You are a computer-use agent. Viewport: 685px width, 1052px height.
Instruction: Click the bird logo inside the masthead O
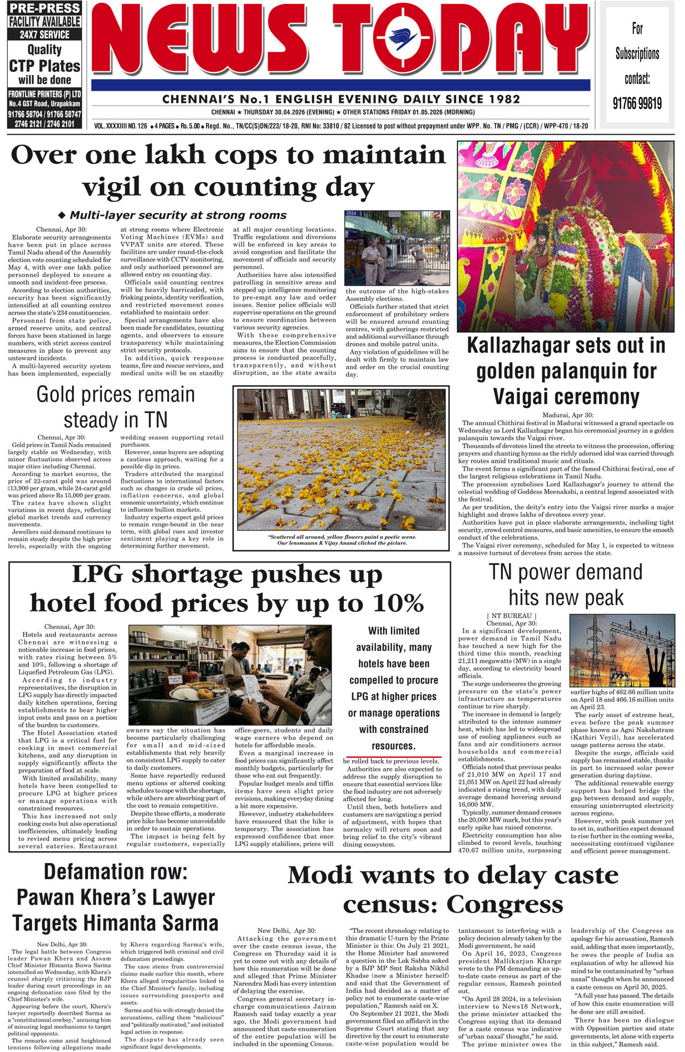pyautogui.click(x=403, y=39)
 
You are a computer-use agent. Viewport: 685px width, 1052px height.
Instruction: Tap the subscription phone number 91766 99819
pyautogui.click(x=637, y=103)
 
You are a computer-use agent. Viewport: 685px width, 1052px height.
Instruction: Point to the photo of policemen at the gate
pyautogui.click(x=396, y=247)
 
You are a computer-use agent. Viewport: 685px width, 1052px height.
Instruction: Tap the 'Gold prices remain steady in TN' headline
pyautogui.click(x=115, y=407)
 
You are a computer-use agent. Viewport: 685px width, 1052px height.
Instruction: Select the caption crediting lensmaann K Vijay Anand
pyautogui.click(x=342, y=540)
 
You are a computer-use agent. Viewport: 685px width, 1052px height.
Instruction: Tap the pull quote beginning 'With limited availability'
pyautogui.click(x=394, y=688)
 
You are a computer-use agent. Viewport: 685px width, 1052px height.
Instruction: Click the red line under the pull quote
pyautogui.click(x=393, y=756)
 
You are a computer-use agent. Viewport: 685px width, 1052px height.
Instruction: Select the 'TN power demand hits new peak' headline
pyautogui.click(x=565, y=585)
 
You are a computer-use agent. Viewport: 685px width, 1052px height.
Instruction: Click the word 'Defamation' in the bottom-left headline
pyautogui.click(x=115, y=872)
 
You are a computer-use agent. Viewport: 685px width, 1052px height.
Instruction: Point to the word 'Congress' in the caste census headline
pyautogui.click(x=504, y=905)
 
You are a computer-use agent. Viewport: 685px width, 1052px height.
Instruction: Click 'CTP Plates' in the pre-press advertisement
pyautogui.click(x=45, y=66)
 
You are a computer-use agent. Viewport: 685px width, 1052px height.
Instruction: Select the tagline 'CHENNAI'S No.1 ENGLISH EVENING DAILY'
pyautogui.click(x=341, y=100)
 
